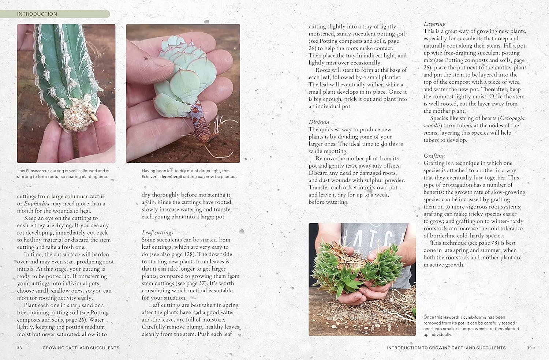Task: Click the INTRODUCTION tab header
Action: pos(37,14)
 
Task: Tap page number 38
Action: pos(19,348)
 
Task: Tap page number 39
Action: pos(529,348)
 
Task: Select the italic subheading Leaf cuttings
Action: pos(157,232)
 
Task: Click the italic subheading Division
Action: pos(319,122)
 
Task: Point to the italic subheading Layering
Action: pos(434,24)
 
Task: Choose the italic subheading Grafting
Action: pos(434,156)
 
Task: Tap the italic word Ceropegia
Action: pos(512,118)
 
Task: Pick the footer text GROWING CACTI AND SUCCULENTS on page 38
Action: pos(81,348)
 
